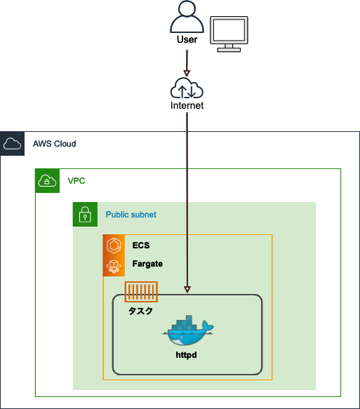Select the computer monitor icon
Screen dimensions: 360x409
coord(229,34)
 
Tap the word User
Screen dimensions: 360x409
coord(187,40)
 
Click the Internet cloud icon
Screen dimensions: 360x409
coord(187,88)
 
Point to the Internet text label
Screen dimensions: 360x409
coord(187,105)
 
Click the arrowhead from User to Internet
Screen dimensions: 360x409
coord(187,73)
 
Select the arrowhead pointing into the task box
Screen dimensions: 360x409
coord(187,290)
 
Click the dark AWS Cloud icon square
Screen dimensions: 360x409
coord(12,144)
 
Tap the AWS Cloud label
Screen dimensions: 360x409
coord(54,144)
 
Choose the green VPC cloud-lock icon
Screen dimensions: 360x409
coord(47,181)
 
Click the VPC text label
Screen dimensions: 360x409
coord(76,181)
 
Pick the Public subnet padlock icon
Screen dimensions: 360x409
coord(85,214)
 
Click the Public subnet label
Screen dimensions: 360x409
coord(131,215)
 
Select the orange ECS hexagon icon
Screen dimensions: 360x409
coord(114,246)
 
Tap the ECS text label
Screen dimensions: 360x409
coord(141,246)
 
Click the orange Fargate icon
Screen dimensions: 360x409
coord(114,266)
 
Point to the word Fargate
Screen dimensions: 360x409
coord(147,264)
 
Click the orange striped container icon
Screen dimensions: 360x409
coord(141,292)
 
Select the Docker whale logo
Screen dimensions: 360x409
coord(188,330)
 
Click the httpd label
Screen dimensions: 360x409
coord(186,355)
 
